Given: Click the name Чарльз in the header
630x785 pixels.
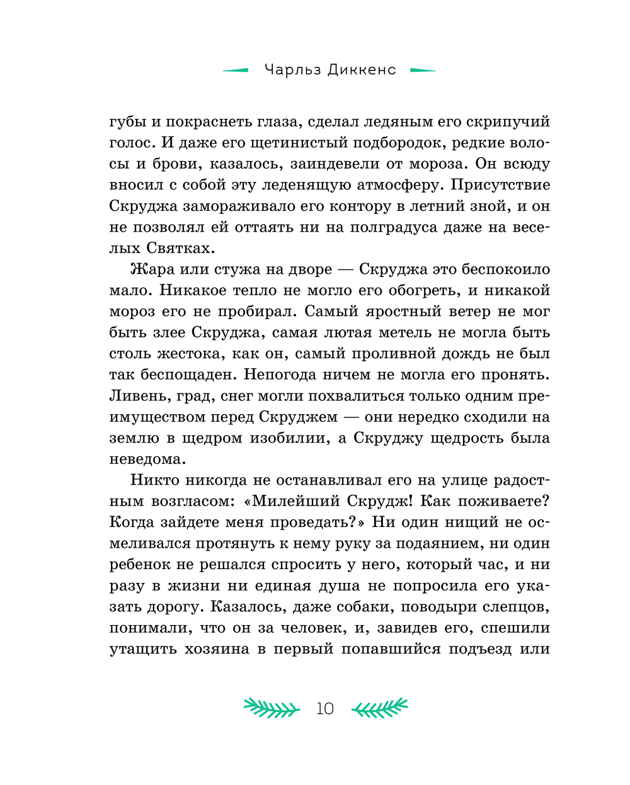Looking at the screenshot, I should click(x=293, y=70).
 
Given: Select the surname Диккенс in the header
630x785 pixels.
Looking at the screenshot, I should click(x=362, y=70).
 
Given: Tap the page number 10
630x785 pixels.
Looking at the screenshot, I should click(x=325, y=709).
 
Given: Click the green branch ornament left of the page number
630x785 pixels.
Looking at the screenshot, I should click(x=272, y=708).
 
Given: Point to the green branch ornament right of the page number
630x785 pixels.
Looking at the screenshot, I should click(x=379, y=708).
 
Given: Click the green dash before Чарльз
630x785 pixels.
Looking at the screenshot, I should click(x=236, y=71).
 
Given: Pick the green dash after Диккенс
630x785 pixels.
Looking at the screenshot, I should click(x=423, y=71).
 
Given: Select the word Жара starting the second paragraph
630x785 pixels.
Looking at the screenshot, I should click(x=152, y=269).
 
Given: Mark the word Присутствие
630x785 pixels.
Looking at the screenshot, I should click(x=501, y=185).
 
